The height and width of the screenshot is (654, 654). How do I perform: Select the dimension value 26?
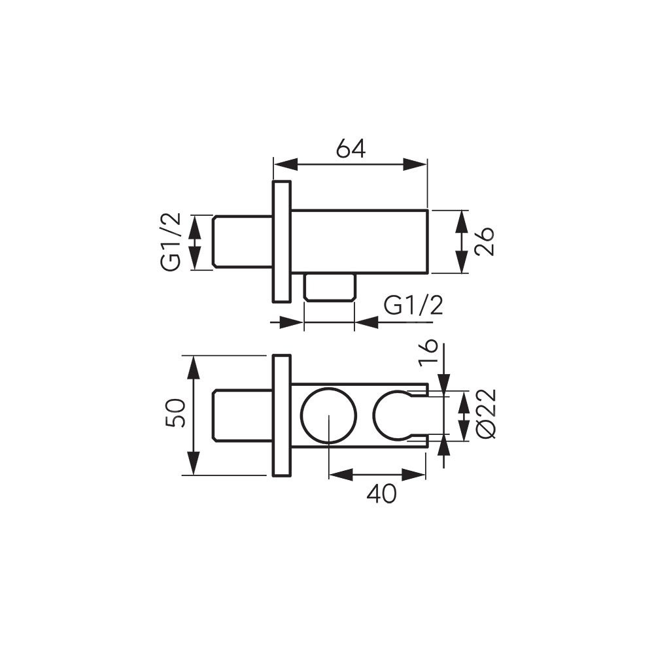(484, 241)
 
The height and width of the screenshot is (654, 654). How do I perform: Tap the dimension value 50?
(175, 413)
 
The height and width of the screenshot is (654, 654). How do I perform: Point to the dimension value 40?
(382, 494)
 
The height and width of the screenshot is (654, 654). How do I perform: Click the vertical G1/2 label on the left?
(171, 242)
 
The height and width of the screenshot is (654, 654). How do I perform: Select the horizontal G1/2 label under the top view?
(413, 307)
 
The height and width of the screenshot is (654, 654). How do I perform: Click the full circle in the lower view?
(329, 415)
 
